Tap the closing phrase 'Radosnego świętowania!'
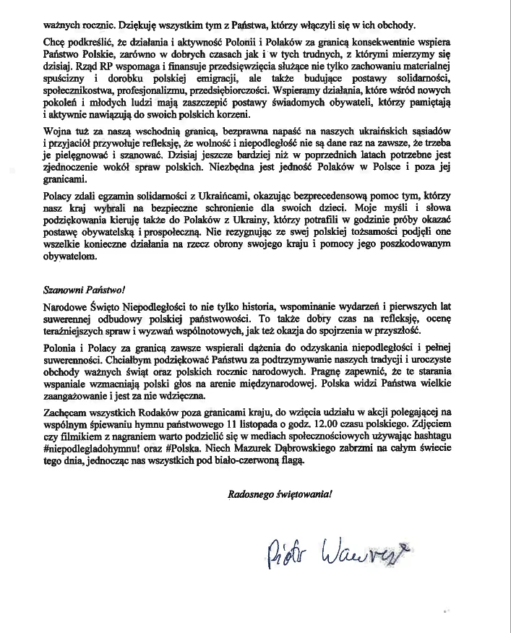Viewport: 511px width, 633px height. (280, 495)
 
